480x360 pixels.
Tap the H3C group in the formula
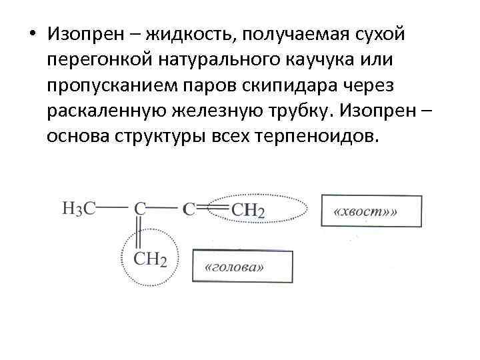(x=79, y=209)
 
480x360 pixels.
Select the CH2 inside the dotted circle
(x=150, y=259)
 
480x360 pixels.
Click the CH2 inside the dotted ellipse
(x=249, y=210)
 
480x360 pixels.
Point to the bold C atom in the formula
(x=189, y=209)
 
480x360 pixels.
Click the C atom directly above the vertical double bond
(x=140, y=209)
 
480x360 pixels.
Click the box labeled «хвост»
(x=371, y=211)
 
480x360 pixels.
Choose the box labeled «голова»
(x=243, y=266)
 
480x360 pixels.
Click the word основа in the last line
(x=80, y=137)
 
